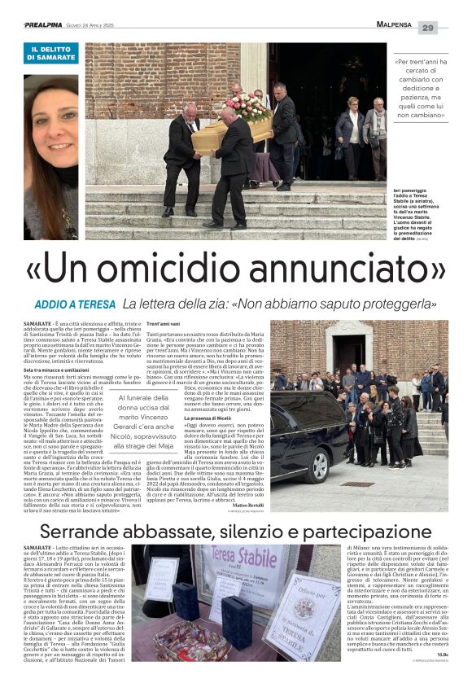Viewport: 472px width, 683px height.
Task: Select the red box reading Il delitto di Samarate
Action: coord(51,55)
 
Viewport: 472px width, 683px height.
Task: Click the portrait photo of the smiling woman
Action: coord(50,155)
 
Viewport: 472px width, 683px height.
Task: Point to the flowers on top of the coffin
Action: coord(247,106)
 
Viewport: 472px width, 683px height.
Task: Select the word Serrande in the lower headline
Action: coord(93,532)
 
